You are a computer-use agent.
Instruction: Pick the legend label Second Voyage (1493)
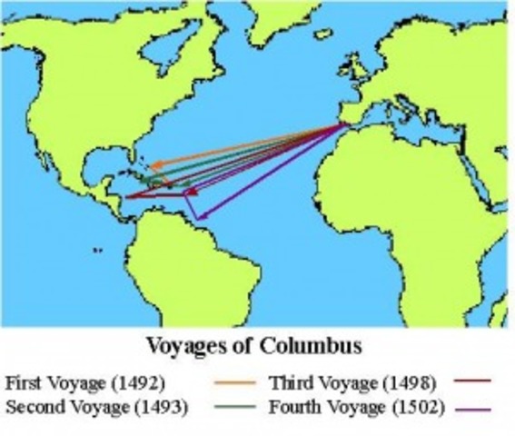96,407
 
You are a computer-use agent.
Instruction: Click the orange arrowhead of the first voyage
155,166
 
